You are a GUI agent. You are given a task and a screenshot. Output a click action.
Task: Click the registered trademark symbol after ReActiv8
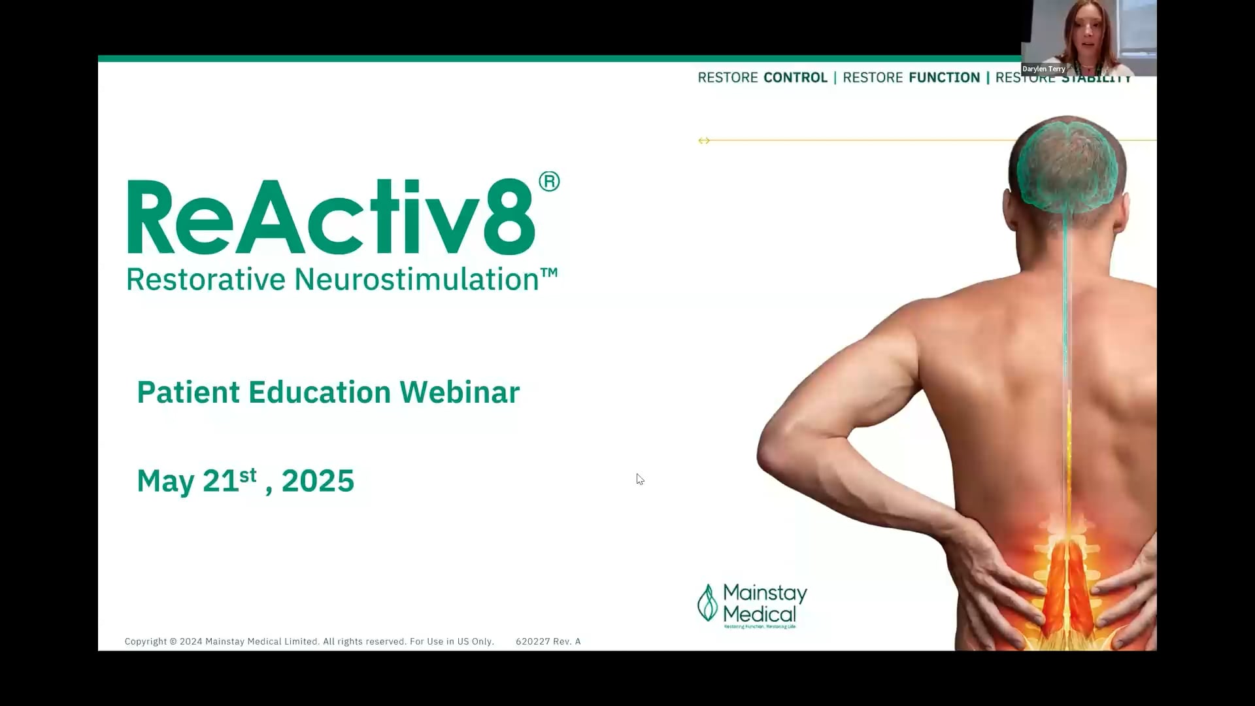tap(549, 182)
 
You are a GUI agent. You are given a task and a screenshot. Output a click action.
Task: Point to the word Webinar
tap(460, 392)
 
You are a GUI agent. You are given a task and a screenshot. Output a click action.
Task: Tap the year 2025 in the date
tap(318, 481)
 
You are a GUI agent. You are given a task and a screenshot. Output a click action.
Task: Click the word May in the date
tap(165, 482)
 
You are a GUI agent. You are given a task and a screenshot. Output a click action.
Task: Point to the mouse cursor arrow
tap(639, 479)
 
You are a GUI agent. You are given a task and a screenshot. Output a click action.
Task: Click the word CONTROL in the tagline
tap(795, 78)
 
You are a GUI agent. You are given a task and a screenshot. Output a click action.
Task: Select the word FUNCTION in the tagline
tap(944, 78)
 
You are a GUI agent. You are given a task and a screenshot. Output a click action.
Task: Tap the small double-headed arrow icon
tap(704, 141)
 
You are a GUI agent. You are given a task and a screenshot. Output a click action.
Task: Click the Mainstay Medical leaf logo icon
tap(707, 602)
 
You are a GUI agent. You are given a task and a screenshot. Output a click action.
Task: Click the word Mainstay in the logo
tap(765, 593)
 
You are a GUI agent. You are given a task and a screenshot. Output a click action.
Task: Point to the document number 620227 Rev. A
tap(548, 641)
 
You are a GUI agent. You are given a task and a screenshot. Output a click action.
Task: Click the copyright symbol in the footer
tap(173, 641)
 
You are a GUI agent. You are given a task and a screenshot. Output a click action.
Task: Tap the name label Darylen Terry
tap(1044, 69)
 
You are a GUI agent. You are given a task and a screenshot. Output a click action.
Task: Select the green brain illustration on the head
tap(1067, 163)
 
